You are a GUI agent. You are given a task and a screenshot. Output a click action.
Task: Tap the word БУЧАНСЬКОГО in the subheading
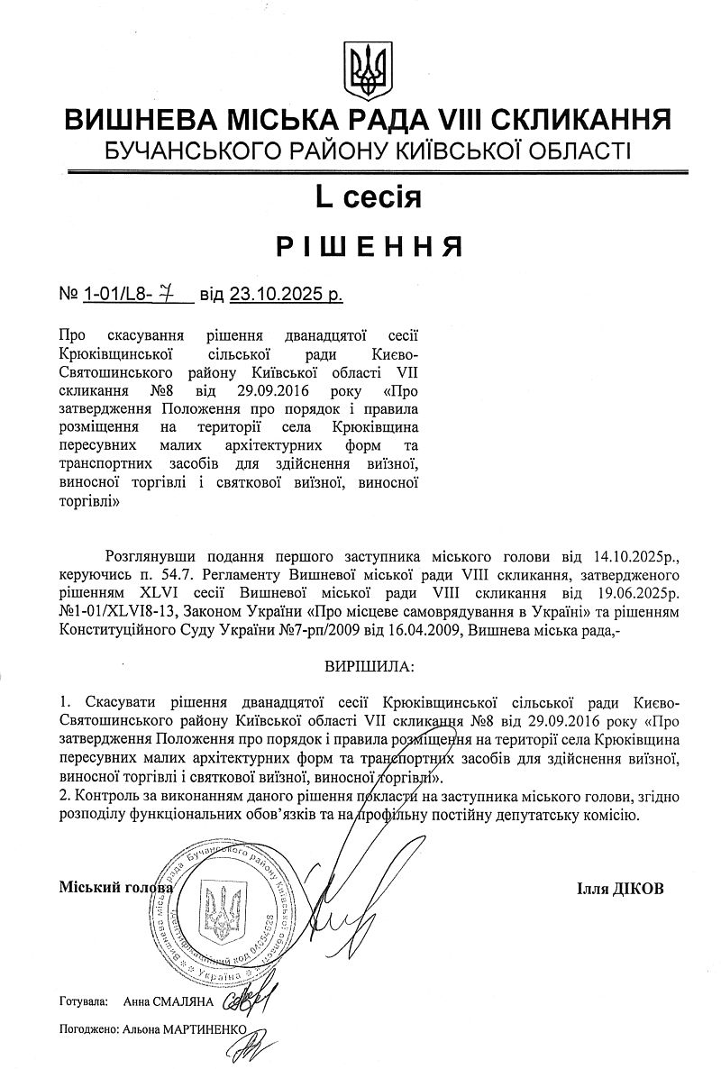click(x=193, y=151)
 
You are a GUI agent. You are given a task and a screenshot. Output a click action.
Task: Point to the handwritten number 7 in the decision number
click(x=166, y=293)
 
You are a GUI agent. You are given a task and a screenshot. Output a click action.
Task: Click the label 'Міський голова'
click(x=115, y=889)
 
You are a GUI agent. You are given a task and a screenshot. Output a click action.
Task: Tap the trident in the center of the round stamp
click(x=221, y=910)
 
